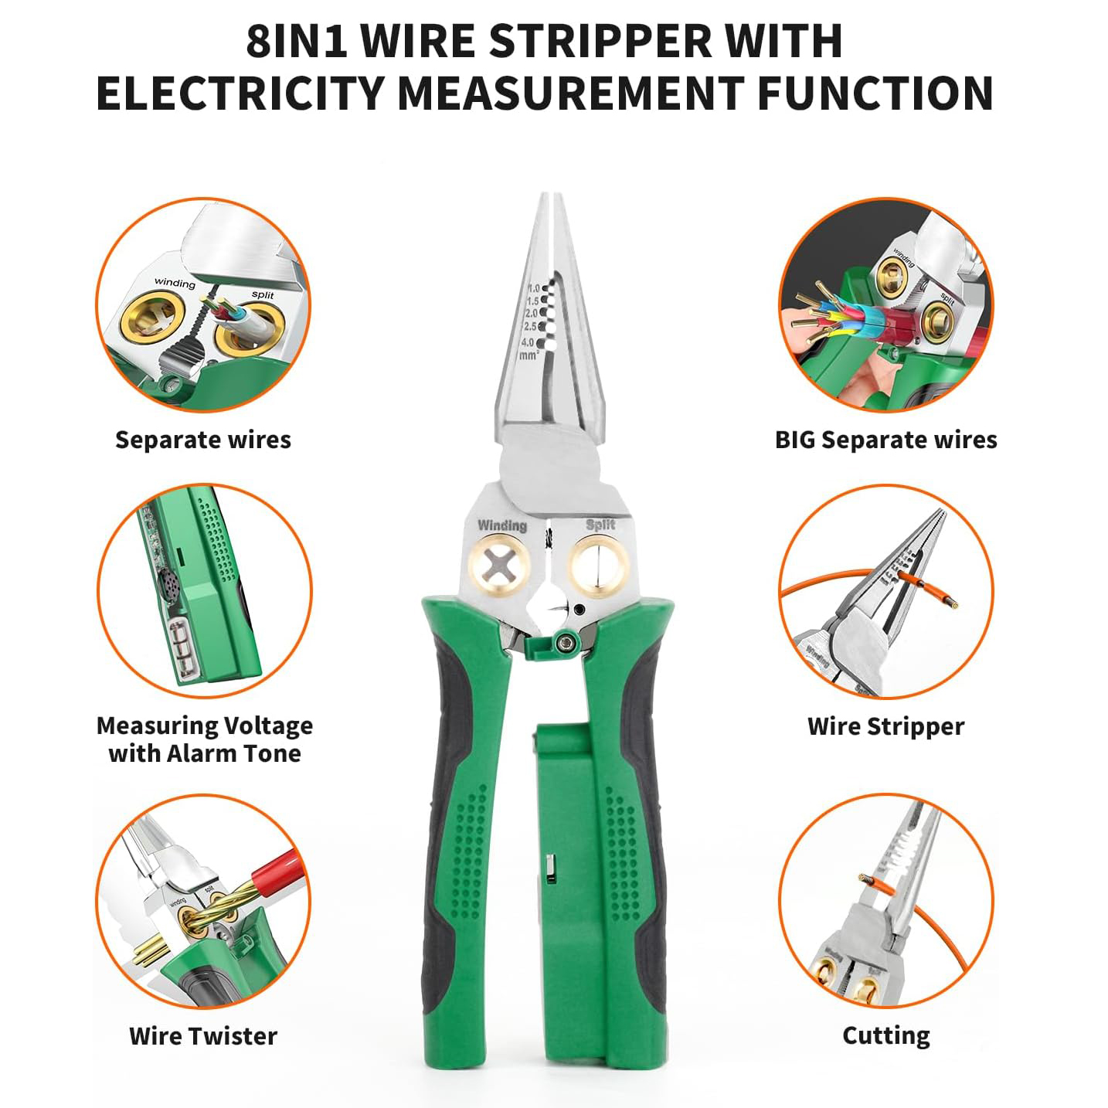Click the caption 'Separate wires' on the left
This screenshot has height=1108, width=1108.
[x=203, y=440]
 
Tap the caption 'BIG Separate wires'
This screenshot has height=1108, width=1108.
[x=885, y=440]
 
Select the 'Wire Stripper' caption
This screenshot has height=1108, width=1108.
[x=885, y=726]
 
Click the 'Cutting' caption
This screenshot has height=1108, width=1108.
[x=885, y=1035]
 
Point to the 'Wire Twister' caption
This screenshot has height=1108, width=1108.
[x=203, y=1035]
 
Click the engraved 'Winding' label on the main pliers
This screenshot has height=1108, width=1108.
[x=501, y=526]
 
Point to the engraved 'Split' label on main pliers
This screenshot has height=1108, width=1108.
[x=600, y=525]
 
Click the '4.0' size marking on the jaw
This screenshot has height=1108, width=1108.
[x=528, y=342]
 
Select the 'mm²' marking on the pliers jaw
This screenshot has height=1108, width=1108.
[x=529, y=355]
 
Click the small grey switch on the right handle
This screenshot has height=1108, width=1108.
[x=550, y=868]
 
